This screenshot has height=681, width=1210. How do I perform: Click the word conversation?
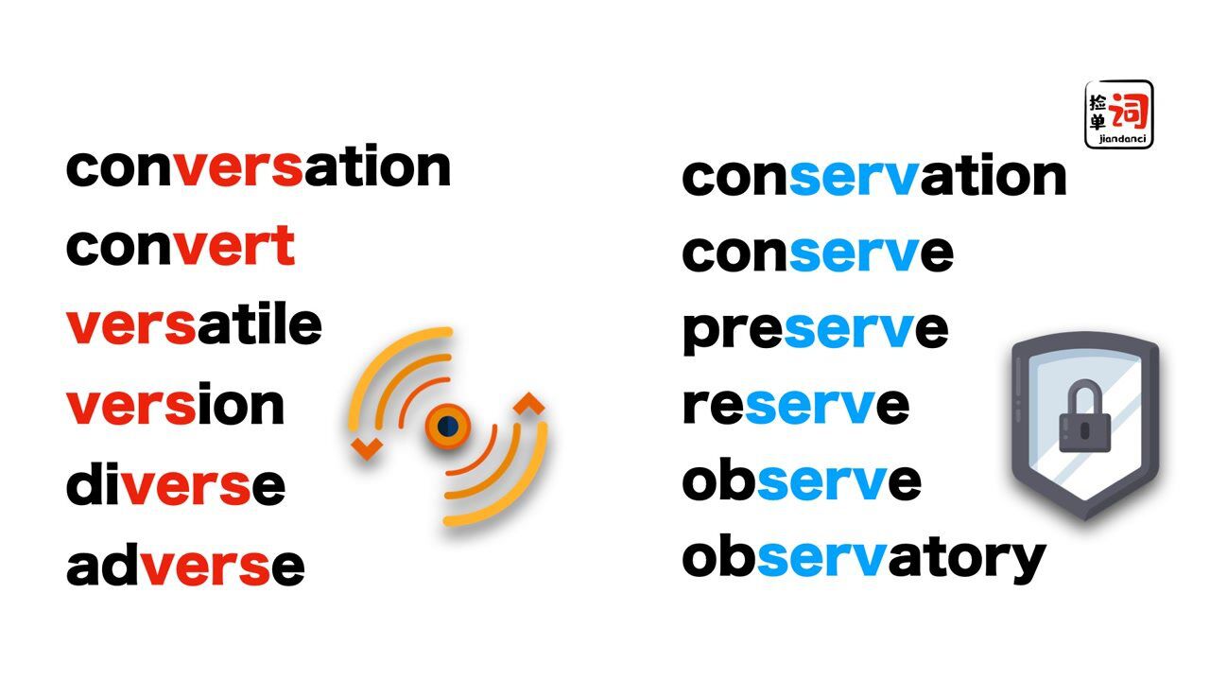click(258, 167)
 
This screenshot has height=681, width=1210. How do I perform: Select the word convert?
click(180, 247)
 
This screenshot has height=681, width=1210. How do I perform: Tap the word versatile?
click(194, 324)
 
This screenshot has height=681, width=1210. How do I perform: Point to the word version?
click(175, 406)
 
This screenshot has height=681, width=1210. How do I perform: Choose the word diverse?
click(175, 485)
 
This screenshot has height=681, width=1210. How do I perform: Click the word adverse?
click(185, 566)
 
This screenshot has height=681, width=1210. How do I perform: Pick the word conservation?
click(873, 177)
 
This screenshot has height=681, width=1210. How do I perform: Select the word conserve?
click(817, 253)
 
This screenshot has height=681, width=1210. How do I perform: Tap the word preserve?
click(815, 330)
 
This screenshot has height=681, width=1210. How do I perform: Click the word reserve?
click(795, 405)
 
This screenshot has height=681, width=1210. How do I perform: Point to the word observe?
click(801, 481)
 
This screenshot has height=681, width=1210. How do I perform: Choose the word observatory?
click(863, 559)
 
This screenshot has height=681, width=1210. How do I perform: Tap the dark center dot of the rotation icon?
click(448, 427)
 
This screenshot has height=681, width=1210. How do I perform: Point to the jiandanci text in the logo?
click(1119, 140)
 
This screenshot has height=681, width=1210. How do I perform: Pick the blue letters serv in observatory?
click(821, 559)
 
